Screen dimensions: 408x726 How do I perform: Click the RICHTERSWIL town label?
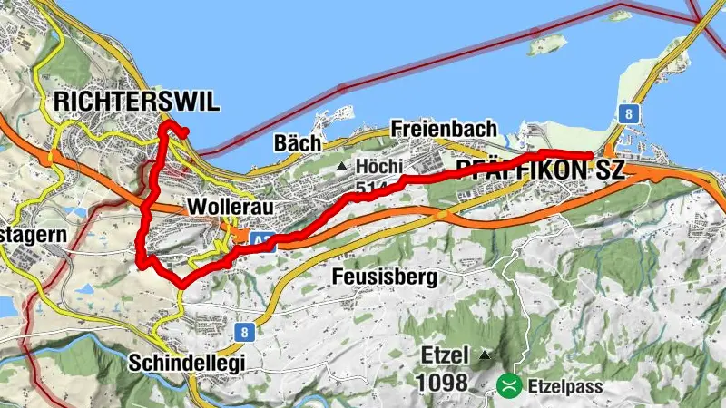[x=137, y=102]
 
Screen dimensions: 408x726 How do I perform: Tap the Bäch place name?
[x=298, y=143]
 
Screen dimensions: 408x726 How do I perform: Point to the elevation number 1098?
[x=444, y=383]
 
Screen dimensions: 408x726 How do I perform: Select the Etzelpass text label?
[x=564, y=387]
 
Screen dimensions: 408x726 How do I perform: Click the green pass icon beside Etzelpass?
[x=509, y=387]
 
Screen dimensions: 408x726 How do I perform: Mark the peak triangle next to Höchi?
[x=341, y=168]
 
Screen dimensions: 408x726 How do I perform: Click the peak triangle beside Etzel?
[x=486, y=355]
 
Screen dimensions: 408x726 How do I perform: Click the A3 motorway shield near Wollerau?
[x=262, y=239]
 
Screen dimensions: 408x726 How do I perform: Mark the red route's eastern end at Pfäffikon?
[x=591, y=156]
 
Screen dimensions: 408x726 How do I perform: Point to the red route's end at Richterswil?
[x=184, y=134]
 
